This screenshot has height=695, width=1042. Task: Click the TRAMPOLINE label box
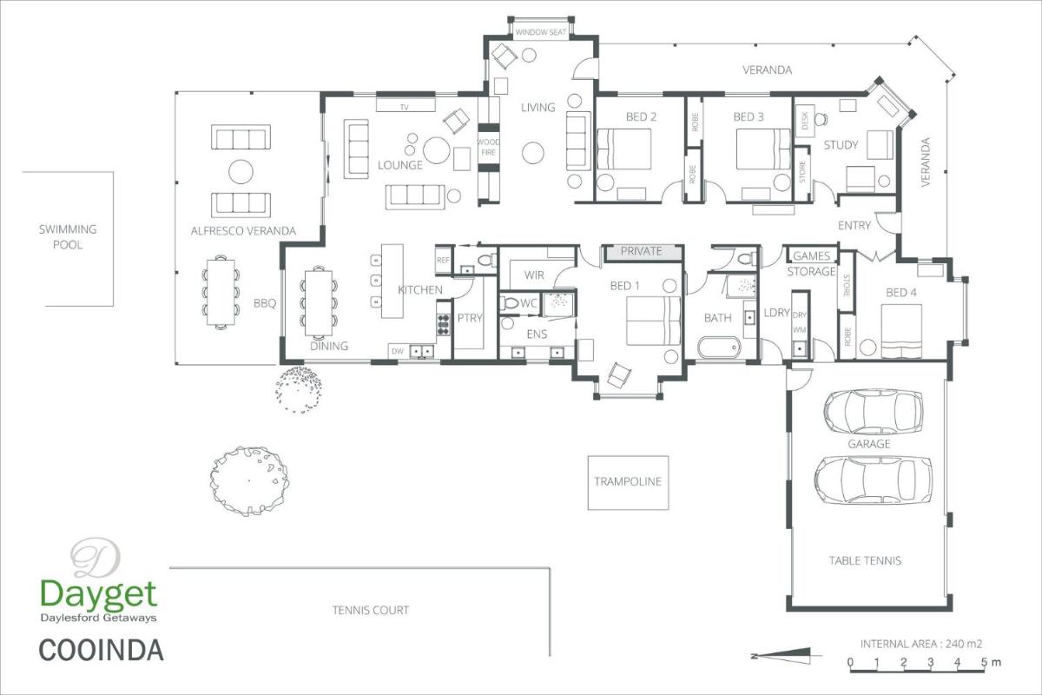pos(628,483)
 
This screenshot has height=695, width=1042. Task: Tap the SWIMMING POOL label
pos(68,237)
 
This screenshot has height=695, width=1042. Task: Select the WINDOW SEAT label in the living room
pos(540,32)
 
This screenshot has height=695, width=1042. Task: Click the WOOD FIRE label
pos(488,147)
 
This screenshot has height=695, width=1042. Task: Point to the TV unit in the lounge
pos(406,105)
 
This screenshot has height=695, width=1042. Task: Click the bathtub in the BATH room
pos(719,347)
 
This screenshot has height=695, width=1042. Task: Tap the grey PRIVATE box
pos(642,252)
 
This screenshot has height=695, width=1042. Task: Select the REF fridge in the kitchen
pos(444,261)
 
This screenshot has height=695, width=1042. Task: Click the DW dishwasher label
pos(398,352)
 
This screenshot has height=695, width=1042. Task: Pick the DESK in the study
pos(805,121)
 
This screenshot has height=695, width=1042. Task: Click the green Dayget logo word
pos(99,594)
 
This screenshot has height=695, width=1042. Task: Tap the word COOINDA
pos(101,651)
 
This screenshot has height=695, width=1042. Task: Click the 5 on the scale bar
pos(984,662)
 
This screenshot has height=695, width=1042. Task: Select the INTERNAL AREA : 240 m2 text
pos(921,644)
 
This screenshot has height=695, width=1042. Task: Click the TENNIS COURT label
pos(371,610)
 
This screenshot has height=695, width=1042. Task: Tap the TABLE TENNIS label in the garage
pos(865,560)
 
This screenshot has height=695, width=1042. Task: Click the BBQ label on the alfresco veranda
pos(265,303)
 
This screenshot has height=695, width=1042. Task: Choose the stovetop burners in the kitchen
pos(444,324)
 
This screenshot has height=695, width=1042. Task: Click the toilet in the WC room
pos(510,303)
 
